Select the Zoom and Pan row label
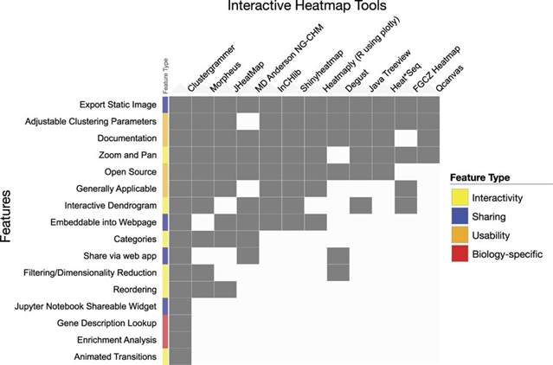click(125, 154)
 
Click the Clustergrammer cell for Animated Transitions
click(180, 355)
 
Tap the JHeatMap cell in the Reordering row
click(225, 289)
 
